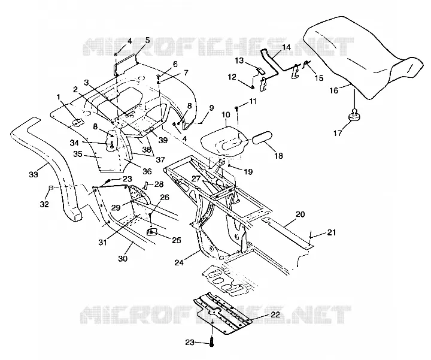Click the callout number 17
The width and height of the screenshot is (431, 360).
338,133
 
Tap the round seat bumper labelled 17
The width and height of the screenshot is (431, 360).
354,115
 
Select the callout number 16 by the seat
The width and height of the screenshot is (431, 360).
333,90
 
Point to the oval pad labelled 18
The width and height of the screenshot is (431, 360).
262,137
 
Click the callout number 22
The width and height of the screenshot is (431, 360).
275,314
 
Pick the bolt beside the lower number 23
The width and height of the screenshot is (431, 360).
211,341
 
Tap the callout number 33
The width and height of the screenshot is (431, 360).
34,174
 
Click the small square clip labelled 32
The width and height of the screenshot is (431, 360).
51,187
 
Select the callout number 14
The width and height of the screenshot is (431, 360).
286,47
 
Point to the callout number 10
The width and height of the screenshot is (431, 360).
226,114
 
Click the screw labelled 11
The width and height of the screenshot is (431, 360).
237,108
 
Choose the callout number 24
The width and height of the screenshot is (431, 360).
179,262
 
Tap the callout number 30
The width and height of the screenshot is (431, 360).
123,259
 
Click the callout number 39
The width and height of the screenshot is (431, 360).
163,140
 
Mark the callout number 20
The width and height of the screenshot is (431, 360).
301,214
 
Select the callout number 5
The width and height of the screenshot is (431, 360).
147,40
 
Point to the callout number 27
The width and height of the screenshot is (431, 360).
196,179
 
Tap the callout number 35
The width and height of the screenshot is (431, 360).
78,154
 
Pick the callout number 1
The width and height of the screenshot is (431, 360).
58,97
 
